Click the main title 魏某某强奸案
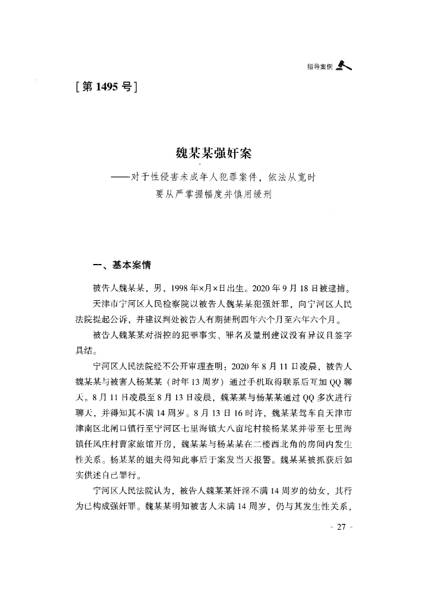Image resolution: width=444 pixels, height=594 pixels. [x=214, y=154]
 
